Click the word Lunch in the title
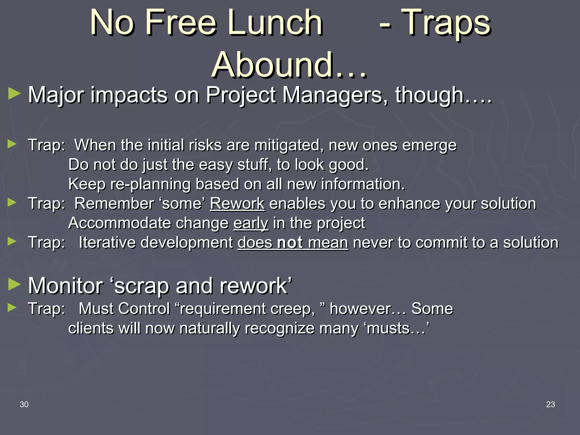point(275,23)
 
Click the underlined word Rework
point(237,204)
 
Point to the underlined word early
point(251,223)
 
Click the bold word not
point(290,243)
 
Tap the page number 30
point(24,404)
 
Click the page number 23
point(551,404)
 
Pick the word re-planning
point(150,184)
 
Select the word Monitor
point(65,286)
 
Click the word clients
point(91,329)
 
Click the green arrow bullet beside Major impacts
point(14,94)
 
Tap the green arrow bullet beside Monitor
point(14,284)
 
